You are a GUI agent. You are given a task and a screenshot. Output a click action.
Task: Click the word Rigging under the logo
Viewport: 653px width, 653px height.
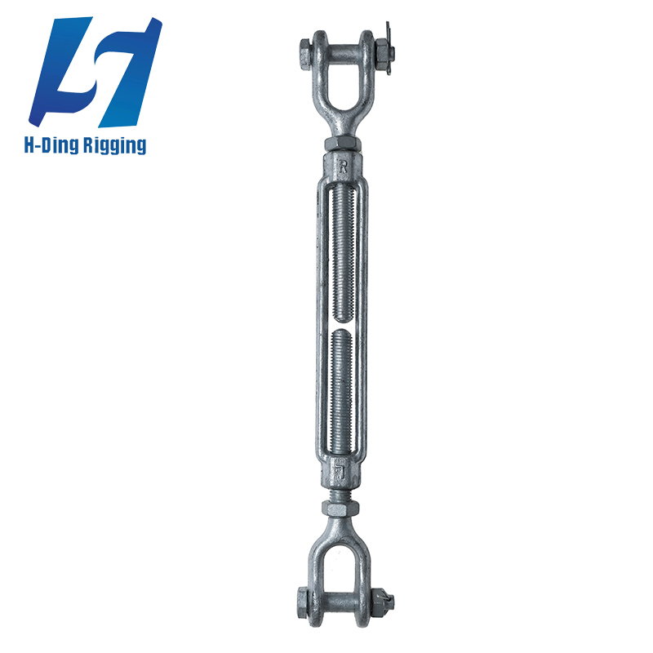tap(113, 145)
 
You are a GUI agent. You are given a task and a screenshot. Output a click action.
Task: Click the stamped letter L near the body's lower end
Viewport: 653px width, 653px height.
tap(341, 468)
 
